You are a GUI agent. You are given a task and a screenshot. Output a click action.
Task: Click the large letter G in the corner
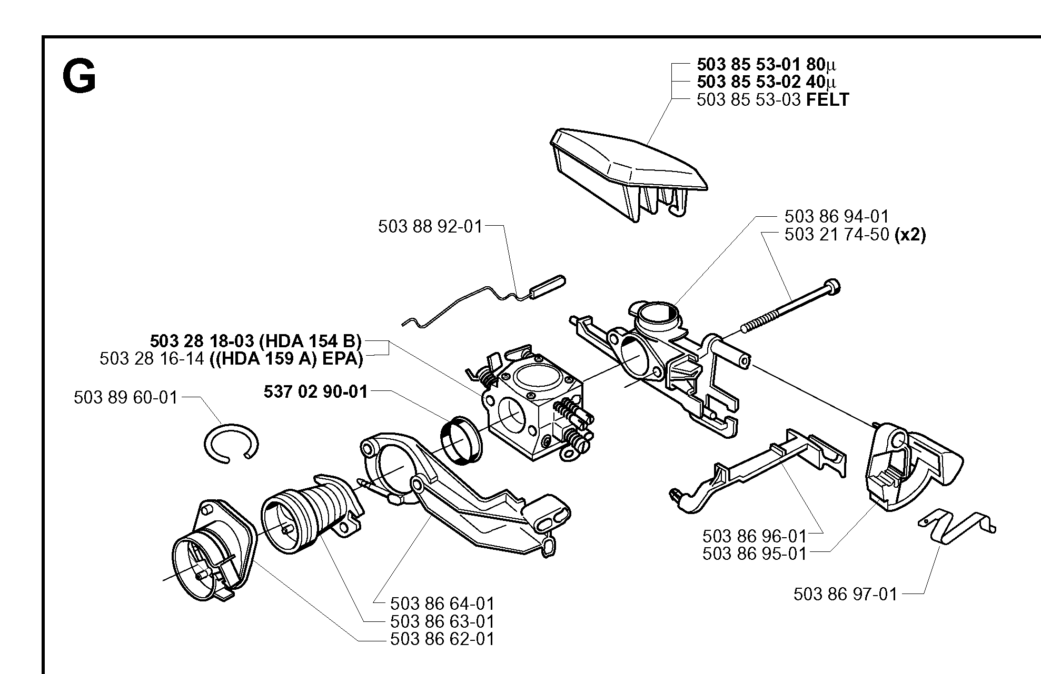(79, 77)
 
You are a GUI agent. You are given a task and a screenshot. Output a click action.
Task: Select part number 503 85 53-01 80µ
(766, 65)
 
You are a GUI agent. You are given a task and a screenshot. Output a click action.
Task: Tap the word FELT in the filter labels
(828, 99)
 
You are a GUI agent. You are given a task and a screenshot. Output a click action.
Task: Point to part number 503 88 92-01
(430, 226)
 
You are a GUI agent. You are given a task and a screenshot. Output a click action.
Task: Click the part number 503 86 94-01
(836, 216)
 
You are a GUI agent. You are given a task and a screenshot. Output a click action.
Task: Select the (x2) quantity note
(910, 234)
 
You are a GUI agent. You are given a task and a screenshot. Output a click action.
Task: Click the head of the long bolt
(833, 287)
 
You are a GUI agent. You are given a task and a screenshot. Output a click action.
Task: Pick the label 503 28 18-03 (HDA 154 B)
(256, 341)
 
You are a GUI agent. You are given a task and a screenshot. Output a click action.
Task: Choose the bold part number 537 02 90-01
(315, 391)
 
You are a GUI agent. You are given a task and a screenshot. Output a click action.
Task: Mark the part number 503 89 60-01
(126, 397)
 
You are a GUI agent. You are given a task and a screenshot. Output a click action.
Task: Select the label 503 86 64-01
(442, 603)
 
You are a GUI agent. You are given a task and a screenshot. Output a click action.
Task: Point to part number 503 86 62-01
(442, 639)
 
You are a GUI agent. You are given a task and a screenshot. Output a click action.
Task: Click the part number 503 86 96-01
(755, 536)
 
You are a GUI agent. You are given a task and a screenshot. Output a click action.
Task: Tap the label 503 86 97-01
(845, 594)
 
